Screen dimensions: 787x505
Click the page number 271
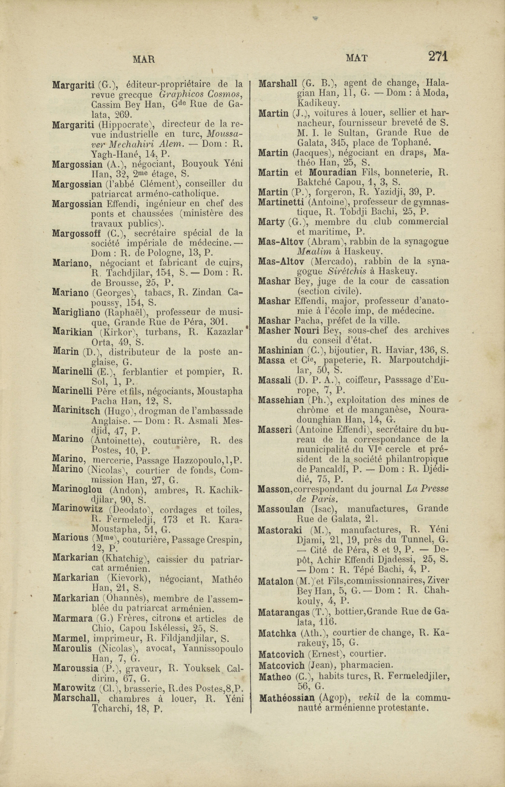(x=438, y=56)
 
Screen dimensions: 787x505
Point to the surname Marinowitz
(x=77, y=509)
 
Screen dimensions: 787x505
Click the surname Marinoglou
(x=77, y=490)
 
